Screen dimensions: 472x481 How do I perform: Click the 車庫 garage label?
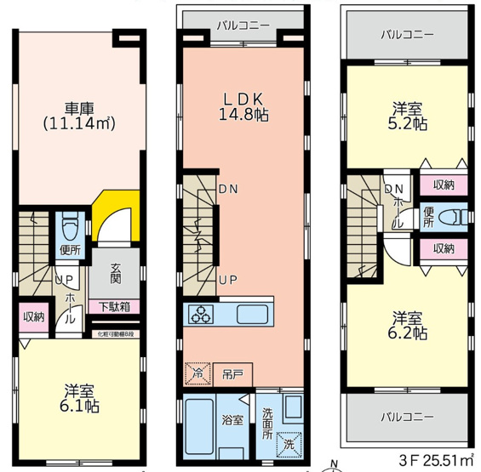pyautogui.click(x=78, y=116)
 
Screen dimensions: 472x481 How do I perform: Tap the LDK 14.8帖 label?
pyautogui.click(x=243, y=107)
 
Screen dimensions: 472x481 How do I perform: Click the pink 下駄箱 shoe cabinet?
pyautogui.click(x=114, y=306)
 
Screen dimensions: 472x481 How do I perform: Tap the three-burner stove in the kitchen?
pyautogui.click(x=203, y=314)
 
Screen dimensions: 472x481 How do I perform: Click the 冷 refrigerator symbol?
pyautogui.click(x=198, y=372)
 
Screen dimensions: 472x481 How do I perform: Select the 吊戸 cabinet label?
pyautogui.click(x=232, y=372)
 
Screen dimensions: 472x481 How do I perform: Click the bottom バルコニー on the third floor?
pyautogui.click(x=407, y=418)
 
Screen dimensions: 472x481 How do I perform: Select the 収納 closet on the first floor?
pyautogui.click(x=32, y=316)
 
